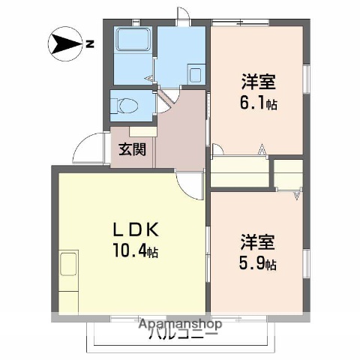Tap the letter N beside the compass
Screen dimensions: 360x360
tap(89, 44)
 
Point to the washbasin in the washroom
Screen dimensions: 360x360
tap(195, 75)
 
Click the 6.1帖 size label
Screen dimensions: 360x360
tap(259, 103)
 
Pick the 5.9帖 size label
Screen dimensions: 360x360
tap(259, 264)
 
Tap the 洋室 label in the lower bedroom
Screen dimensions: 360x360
tap(259, 242)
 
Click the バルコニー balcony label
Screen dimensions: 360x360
tap(180, 334)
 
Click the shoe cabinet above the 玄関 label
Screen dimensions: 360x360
tap(142, 131)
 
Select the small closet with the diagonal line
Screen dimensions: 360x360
tap(287, 177)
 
